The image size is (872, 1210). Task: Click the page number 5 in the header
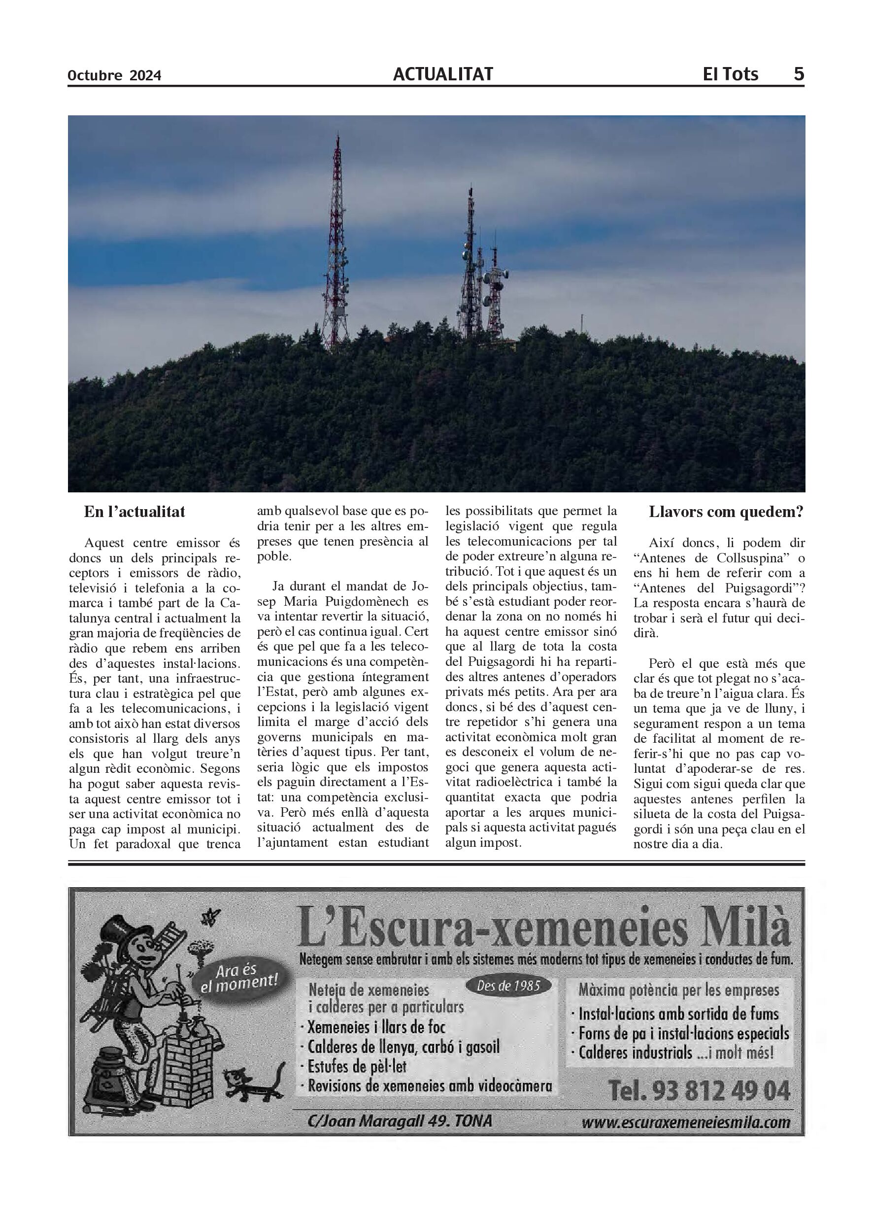[799, 73]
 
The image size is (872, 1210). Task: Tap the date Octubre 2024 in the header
[114, 76]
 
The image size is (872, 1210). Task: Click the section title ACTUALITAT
[443, 74]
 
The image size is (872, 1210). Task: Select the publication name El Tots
[730, 73]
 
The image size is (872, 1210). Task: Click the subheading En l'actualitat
[134, 512]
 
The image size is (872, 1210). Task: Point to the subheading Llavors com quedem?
[726, 512]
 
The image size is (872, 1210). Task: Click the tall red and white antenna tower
[336, 245]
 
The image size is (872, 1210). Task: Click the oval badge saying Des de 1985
[508, 986]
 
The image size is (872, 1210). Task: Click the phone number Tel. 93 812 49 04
[699, 1092]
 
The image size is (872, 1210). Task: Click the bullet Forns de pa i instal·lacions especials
[683, 1034]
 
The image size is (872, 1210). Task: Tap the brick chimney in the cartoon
[186, 1061]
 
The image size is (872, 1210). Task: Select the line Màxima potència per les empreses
[679, 991]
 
